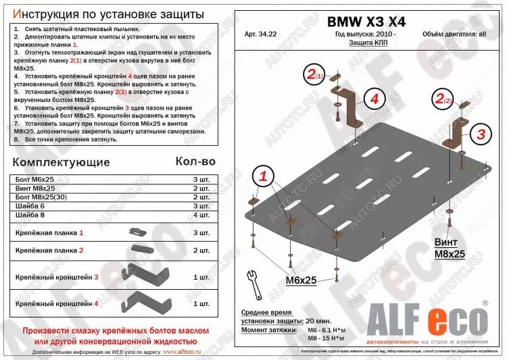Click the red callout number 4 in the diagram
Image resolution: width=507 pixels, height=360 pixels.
click(372, 99)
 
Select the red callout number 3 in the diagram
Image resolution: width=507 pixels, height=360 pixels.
click(480, 134)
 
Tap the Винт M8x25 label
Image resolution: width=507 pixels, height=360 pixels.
click(450, 249)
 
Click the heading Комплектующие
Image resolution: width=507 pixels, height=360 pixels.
click(61, 162)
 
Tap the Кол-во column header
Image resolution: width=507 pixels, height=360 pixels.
click(195, 161)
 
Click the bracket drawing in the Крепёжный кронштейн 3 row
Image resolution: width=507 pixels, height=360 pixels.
click(145, 274)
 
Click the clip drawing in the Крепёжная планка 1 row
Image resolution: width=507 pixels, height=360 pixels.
click(138, 232)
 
